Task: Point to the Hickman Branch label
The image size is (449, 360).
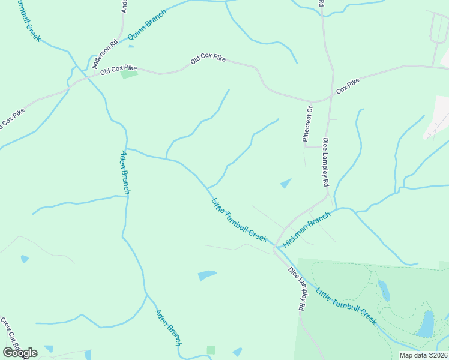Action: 306,230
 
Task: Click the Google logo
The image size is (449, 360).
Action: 20,353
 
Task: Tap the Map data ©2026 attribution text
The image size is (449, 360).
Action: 423,355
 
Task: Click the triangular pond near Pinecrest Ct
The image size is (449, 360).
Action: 285,183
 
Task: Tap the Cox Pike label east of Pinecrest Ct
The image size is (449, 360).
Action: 348,86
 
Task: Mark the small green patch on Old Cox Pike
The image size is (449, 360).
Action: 129,74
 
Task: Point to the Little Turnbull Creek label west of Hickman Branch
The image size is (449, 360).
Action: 239,220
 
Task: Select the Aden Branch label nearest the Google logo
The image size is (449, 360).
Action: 168,328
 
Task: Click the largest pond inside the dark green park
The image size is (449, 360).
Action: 426,324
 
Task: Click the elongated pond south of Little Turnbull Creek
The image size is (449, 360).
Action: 207,275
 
